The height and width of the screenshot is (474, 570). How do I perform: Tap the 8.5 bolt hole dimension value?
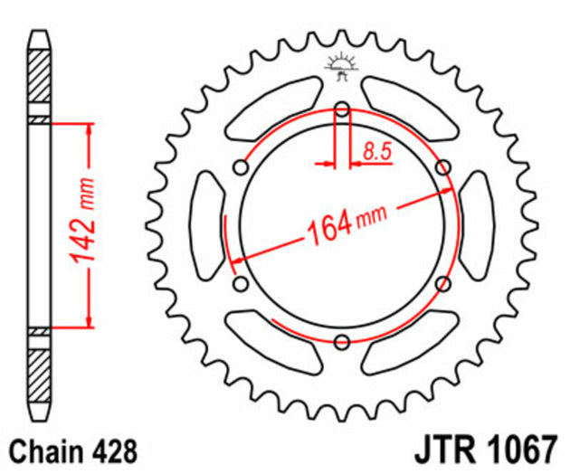coord(376,152)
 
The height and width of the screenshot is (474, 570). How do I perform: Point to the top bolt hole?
coord(342,110)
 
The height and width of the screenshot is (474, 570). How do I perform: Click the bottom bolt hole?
coord(342,342)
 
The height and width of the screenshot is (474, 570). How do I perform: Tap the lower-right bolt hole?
coord(442,284)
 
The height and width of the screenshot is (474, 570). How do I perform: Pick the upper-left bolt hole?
coord(241,167)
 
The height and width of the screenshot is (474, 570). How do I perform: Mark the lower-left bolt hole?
coord(241,284)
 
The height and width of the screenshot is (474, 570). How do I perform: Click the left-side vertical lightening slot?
coord(206,225)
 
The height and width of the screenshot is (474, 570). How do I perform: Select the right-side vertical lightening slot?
coord(477,225)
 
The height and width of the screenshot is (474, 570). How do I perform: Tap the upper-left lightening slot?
coord(273,107)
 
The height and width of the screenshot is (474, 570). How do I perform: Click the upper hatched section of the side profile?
coord(40,82)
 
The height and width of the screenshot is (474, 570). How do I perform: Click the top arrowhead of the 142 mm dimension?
coord(89,128)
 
